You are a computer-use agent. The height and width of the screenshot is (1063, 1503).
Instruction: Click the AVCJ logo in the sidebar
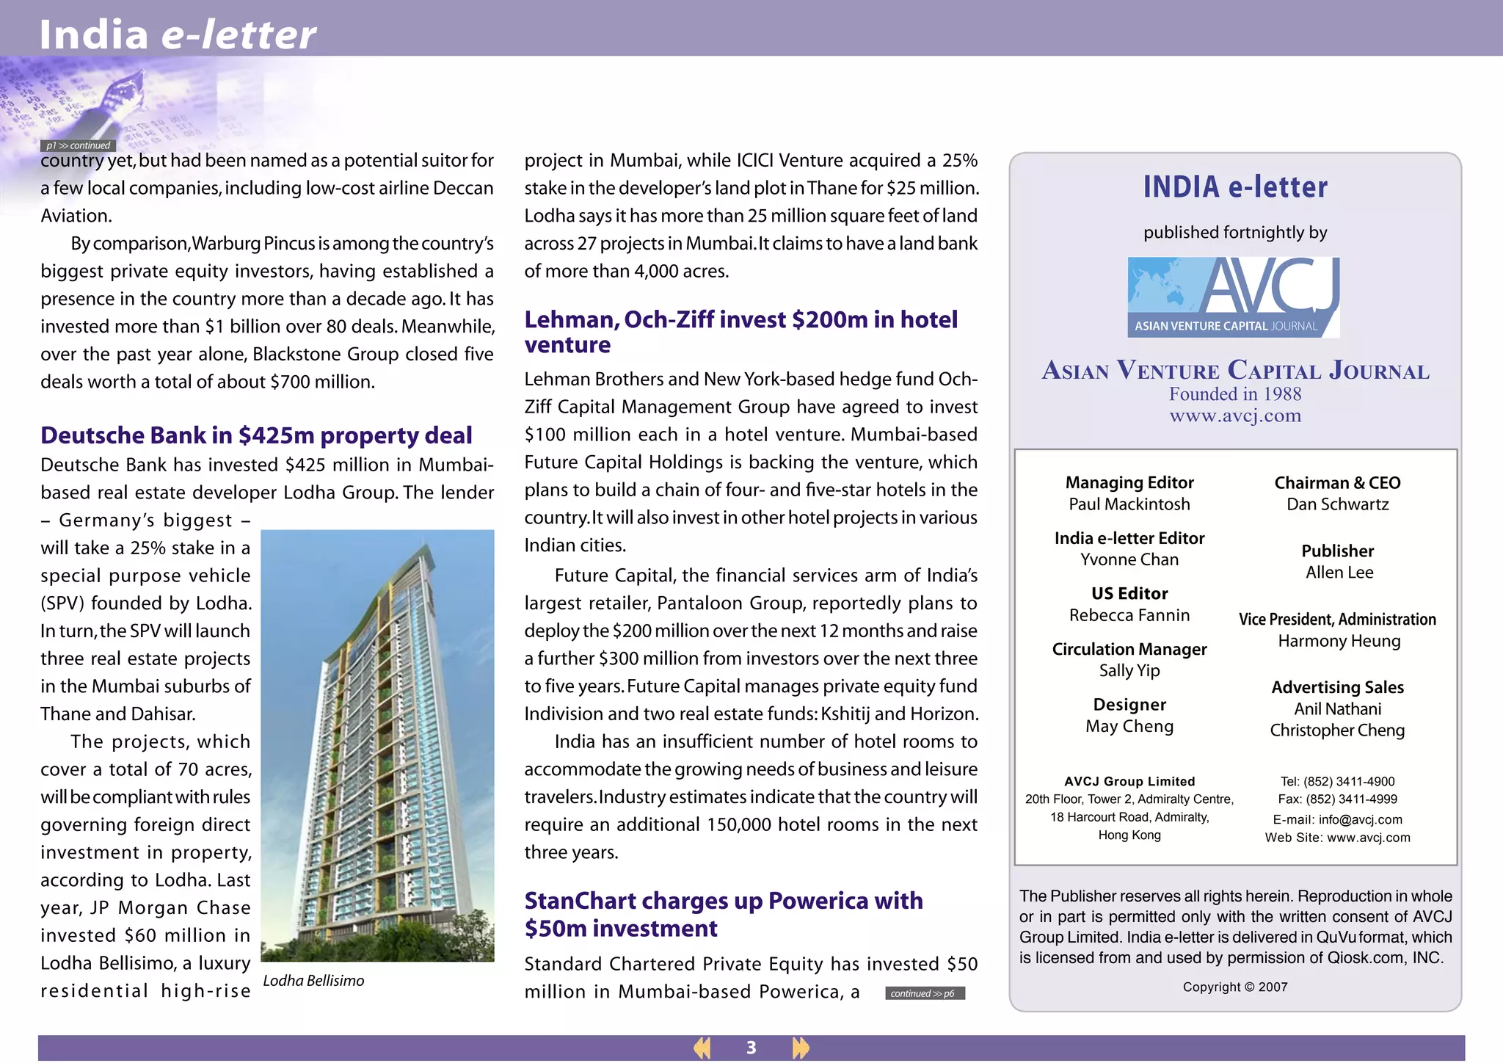pos(1234,297)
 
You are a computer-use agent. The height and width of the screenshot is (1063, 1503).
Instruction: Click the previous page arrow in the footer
pos(702,1048)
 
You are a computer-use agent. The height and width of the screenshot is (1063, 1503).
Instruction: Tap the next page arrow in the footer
pos(800,1048)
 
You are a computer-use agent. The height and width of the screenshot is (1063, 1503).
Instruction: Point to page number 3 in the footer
pos(751,1048)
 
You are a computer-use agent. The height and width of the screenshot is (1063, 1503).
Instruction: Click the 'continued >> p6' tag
pos(923,993)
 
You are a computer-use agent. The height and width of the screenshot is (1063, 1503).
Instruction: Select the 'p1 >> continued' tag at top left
pos(78,145)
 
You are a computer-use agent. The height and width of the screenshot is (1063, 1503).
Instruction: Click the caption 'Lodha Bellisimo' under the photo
pos(313,981)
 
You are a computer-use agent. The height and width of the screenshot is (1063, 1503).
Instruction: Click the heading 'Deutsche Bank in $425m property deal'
pos(256,435)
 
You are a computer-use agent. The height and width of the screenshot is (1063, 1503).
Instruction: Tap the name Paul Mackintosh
pos(1129,504)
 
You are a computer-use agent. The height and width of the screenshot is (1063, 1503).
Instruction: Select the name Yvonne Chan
pos(1129,559)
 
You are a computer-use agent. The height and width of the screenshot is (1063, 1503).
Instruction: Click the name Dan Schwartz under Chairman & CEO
pos(1337,504)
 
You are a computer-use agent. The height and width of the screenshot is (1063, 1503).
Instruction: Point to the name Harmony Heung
pos(1339,641)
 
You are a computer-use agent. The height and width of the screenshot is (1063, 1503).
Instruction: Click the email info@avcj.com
pos(1360,819)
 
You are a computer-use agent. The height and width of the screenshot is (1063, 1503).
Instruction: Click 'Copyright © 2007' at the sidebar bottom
pos(1235,987)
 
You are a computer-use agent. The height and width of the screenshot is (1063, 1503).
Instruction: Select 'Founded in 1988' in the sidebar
pos(1235,394)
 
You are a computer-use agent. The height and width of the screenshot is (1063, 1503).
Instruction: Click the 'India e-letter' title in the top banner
pos(177,35)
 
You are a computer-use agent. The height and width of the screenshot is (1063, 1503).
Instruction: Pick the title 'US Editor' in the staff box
pos(1129,593)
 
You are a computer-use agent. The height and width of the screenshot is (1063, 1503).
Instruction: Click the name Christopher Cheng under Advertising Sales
pos(1337,730)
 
